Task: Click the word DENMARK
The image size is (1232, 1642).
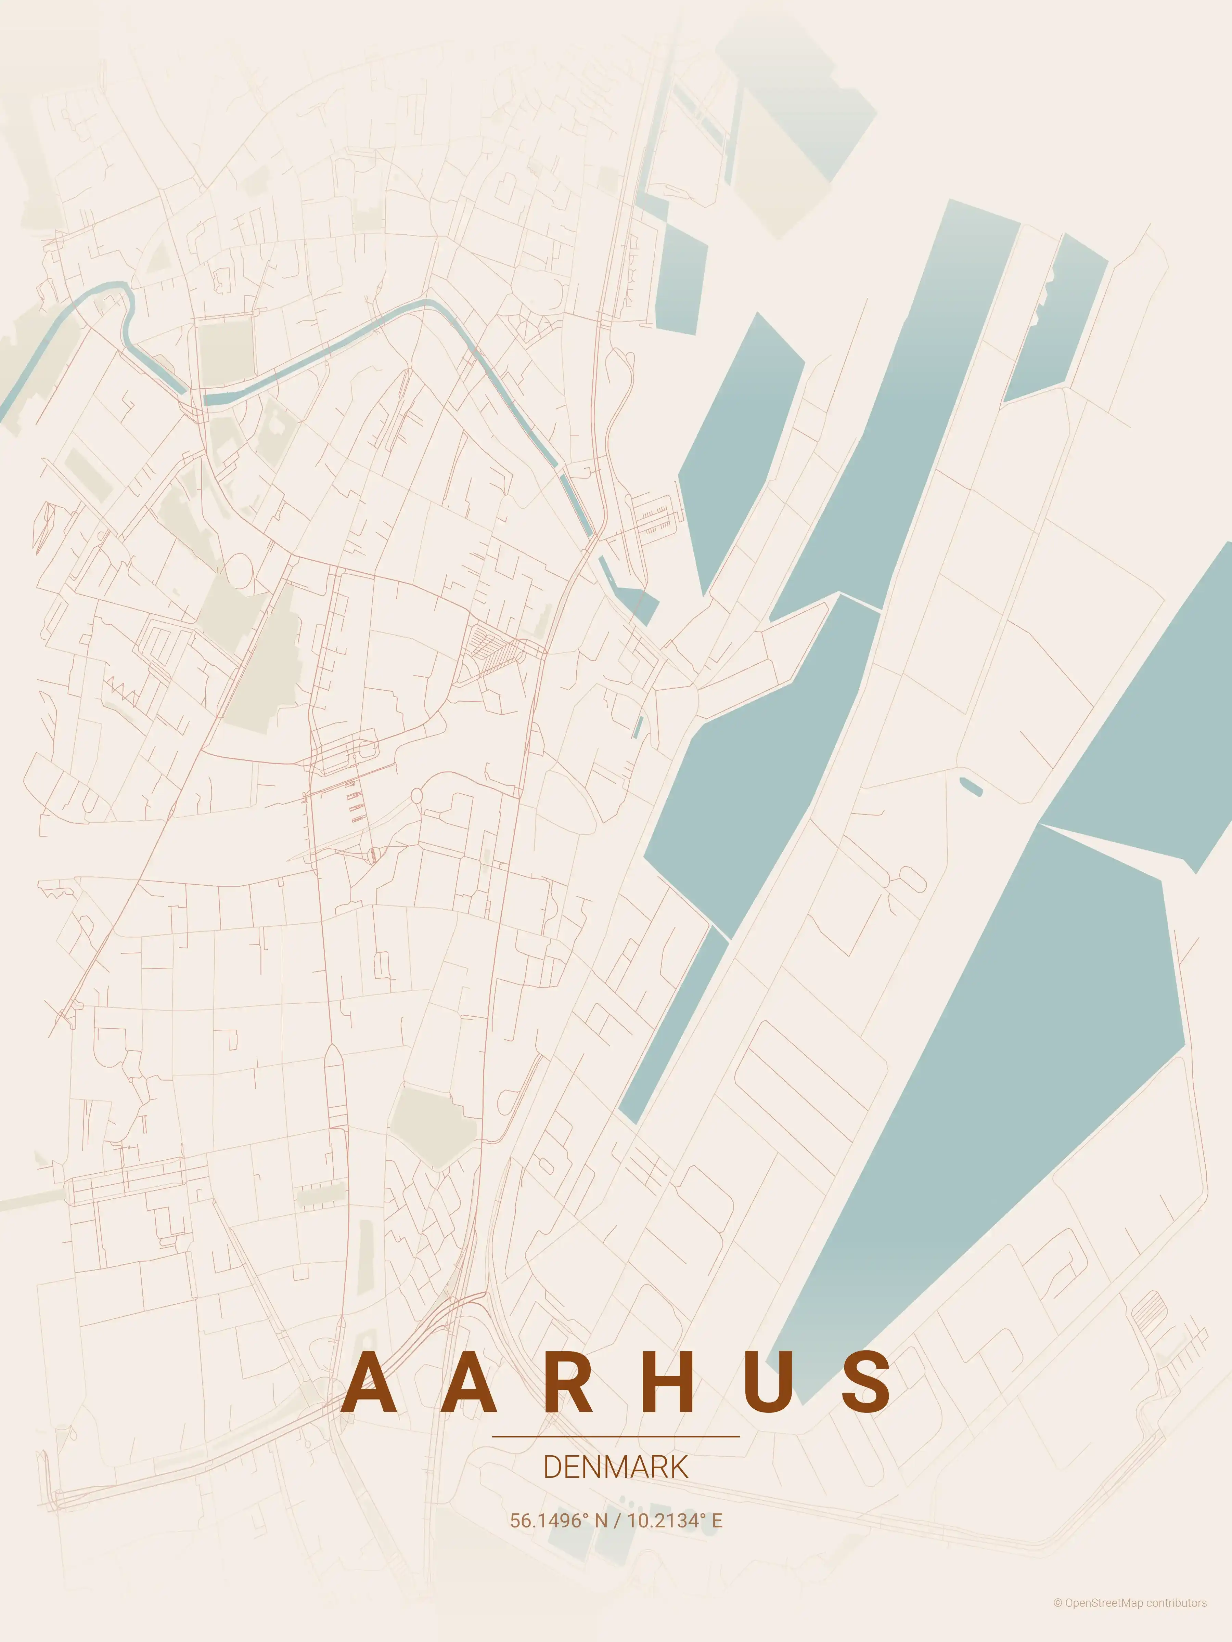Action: (616, 1468)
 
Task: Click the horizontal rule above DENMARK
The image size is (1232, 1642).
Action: (616, 1436)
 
